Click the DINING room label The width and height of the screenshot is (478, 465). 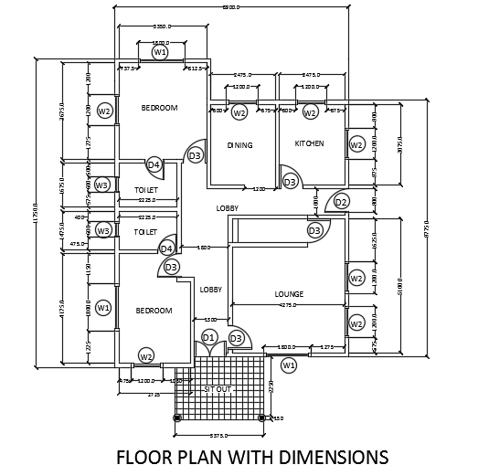pos(239,145)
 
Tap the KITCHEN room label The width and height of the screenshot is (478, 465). pos(309,144)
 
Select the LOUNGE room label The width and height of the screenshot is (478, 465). pos(289,294)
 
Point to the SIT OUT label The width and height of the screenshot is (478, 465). pos(217,389)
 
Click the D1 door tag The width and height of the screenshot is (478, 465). pos(208,338)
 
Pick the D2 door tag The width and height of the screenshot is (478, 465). pos(341,202)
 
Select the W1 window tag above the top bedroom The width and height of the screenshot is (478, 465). pos(160,53)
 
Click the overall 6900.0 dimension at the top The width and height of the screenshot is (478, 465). pos(231,7)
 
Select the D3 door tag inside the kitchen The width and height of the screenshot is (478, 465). pos(290,183)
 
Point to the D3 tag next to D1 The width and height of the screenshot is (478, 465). pos(236,339)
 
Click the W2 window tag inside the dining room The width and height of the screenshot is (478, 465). pos(239,113)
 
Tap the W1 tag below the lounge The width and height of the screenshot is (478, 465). pos(289,365)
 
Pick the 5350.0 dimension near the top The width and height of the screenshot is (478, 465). pos(165,27)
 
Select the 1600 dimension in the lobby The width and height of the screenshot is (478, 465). pos(203,247)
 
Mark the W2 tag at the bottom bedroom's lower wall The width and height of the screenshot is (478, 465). pos(146,355)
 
